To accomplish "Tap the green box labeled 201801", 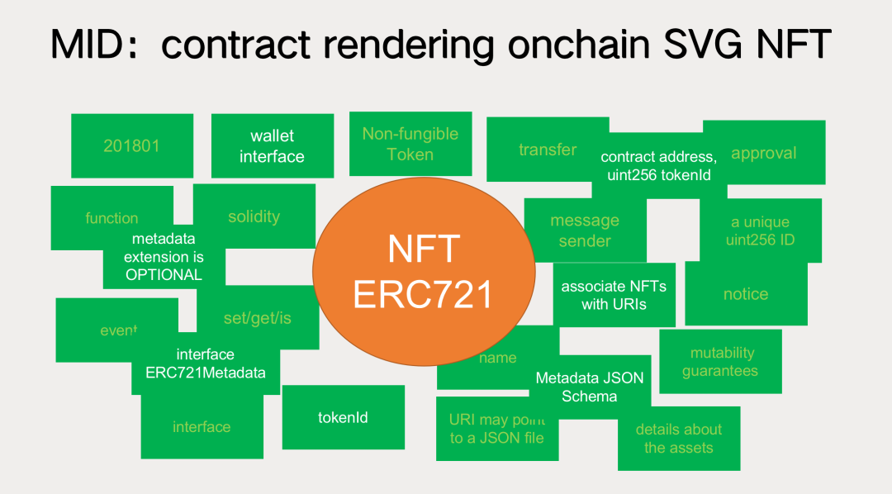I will pos(132,145).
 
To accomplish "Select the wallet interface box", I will pos(272,146).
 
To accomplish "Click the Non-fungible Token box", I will pos(410,144).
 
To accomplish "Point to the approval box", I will pos(764,153).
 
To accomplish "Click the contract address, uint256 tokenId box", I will pos(658,165).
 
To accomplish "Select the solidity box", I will pos(254,216).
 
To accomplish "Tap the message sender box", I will pos(585,230).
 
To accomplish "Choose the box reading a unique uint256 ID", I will pos(760,230).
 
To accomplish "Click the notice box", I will pos(746,294).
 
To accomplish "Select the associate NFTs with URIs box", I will pos(614,295).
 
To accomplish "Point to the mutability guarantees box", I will pos(720,362).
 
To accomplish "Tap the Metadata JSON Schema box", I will pos(590,387).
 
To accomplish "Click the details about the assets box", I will pos(678,439).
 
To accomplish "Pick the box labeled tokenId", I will pos(343,417).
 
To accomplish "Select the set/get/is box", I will pos(258,318).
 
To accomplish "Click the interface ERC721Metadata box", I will pos(206,363).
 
